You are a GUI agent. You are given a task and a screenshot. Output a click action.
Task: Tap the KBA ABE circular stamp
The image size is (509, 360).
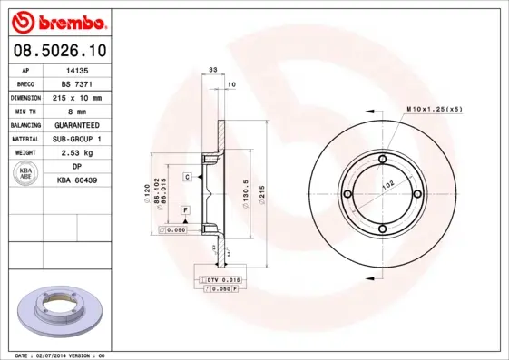click(x=25, y=174)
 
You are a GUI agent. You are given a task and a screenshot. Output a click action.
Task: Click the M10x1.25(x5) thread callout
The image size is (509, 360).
click(x=433, y=108)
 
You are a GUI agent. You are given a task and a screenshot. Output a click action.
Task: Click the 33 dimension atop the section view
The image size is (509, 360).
click(x=213, y=69)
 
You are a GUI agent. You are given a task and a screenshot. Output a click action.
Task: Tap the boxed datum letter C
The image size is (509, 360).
click(x=187, y=176)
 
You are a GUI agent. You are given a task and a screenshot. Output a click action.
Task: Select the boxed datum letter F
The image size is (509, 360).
click(x=185, y=210)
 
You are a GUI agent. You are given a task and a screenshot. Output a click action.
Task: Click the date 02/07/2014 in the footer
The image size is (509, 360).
click(x=64, y=355)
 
